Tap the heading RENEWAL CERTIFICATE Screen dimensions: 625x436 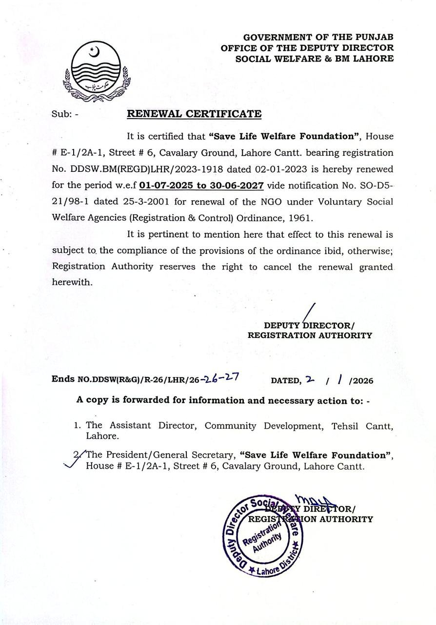(194, 114)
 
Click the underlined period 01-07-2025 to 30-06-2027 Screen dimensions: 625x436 (201, 186)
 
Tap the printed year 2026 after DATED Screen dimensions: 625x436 (362, 381)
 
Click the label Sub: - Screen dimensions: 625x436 (65, 115)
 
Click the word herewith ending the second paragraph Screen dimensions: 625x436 (72, 283)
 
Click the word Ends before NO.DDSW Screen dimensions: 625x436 (63, 379)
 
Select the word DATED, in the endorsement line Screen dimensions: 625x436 (286, 380)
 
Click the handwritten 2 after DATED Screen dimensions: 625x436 (308, 379)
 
